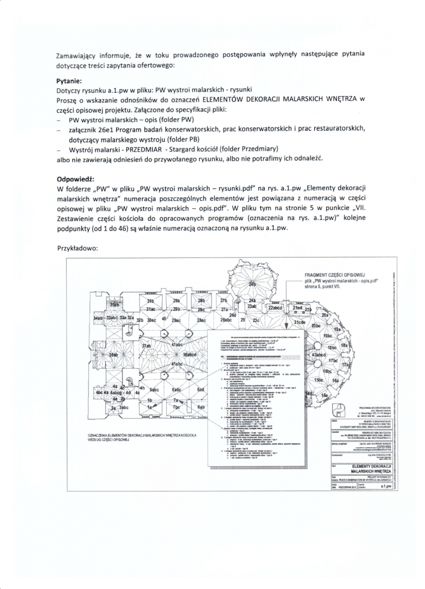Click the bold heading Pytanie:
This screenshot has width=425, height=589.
pyautogui.click(x=69, y=81)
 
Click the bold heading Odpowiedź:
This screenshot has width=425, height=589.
pyautogui.click(x=75, y=179)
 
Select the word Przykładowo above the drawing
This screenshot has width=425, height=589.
pyautogui.click(x=77, y=248)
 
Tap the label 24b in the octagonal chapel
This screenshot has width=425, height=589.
pyautogui.click(x=252, y=284)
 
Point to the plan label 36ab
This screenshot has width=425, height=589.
pyautogui.click(x=113, y=355)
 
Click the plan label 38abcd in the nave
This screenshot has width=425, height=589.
pyautogui.click(x=189, y=355)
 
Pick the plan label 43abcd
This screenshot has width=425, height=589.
pyautogui.click(x=319, y=355)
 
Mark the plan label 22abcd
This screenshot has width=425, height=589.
pyautogui.click(x=275, y=308)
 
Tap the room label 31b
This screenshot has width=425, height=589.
pyautogui.click(x=151, y=301)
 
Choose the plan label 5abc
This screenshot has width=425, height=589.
pyautogui.click(x=154, y=390)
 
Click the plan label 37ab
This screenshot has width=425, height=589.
pyautogui.click(x=146, y=346)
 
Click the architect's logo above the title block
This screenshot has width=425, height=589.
pyautogui.click(x=338, y=410)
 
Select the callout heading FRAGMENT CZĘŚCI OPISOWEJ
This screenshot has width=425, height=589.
pyautogui.click(x=334, y=275)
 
